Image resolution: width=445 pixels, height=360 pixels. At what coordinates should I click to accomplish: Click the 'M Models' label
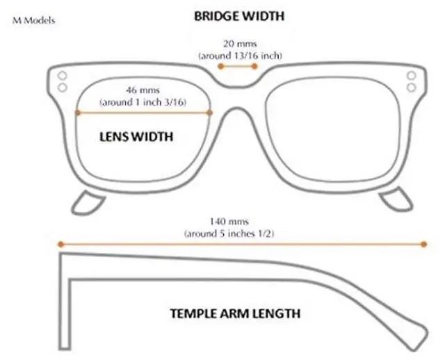click(x=34, y=20)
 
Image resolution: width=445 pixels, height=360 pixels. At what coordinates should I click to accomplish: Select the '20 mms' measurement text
click(x=239, y=43)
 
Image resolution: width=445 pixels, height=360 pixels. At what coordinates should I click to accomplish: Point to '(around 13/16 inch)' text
click(x=240, y=54)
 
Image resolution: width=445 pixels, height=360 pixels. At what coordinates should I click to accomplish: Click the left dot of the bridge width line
click(x=220, y=67)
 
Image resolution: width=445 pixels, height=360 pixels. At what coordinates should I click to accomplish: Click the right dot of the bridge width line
click(x=257, y=67)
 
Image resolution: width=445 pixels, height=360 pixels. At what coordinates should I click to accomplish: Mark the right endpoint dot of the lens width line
click(x=209, y=112)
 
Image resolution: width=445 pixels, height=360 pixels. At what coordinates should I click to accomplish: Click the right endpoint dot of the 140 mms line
click(x=423, y=244)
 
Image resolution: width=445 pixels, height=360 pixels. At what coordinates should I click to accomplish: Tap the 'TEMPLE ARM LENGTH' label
click(x=236, y=313)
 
